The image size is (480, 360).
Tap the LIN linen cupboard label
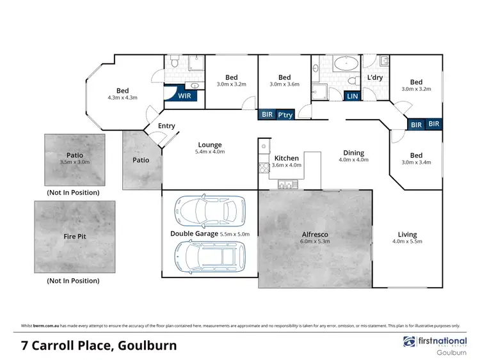pos(352,96)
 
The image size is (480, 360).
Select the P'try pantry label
pos(285,114)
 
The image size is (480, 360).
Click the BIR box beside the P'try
pos(267,114)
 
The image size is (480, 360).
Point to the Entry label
pos(166,126)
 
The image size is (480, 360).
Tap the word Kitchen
pos(286,158)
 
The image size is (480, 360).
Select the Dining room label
pos(353,153)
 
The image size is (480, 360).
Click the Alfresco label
pos(314,235)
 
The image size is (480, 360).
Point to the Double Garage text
pos(193,235)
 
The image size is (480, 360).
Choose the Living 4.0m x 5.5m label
pos(407,239)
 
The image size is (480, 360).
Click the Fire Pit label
pos(75,237)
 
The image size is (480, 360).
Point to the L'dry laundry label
pos(374,78)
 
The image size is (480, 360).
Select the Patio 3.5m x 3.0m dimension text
pos(75,162)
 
